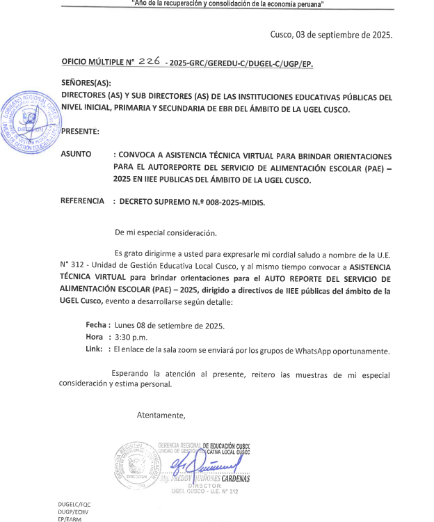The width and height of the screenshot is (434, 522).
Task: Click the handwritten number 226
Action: pyautogui.click(x=149, y=61)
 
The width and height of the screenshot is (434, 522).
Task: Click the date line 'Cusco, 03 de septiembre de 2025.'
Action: pyautogui.click(x=331, y=35)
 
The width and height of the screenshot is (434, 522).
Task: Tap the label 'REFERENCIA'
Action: pyautogui.click(x=83, y=202)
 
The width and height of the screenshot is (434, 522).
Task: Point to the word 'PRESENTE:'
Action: pyautogui.click(x=80, y=131)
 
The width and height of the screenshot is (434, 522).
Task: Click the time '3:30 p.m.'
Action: pyautogui.click(x=131, y=337)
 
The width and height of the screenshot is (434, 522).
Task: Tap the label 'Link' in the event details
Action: pyautogui.click(x=94, y=349)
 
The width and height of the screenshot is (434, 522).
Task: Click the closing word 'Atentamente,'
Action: pyautogui.click(x=161, y=416)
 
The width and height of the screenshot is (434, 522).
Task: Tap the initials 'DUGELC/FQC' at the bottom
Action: pyautogui.click(x=75, y=503)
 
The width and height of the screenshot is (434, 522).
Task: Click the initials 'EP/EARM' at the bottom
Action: pyautogui.click(x=70, y=519)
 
